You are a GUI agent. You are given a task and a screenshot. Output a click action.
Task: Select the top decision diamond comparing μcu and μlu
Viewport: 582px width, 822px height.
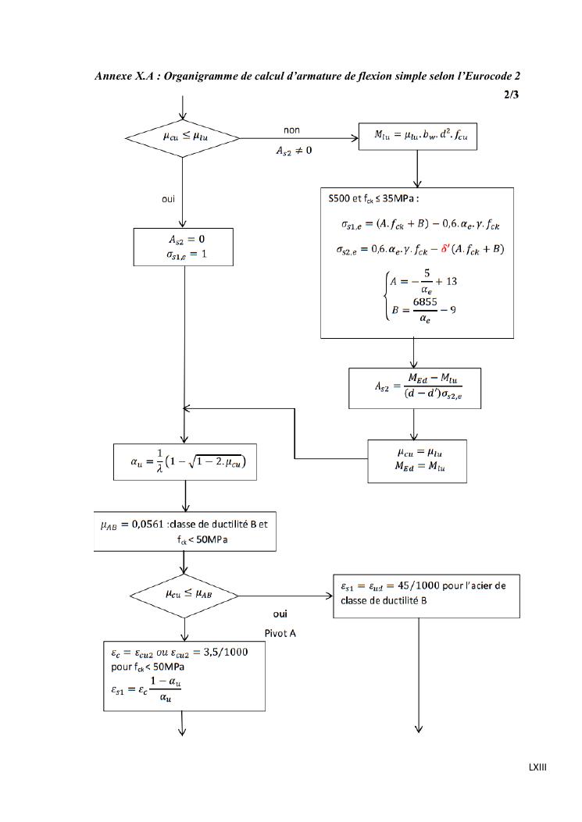[183, 137]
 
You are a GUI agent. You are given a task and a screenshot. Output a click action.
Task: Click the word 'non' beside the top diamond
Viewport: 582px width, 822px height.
[292, 130]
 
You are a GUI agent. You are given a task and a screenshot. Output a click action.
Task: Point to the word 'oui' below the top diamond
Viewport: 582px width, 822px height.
[169, 199]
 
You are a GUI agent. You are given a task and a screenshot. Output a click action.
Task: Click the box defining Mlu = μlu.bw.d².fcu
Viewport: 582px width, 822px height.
[419, 138]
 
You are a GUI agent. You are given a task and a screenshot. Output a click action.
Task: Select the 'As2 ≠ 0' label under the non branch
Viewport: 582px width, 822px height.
[293, 150]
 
